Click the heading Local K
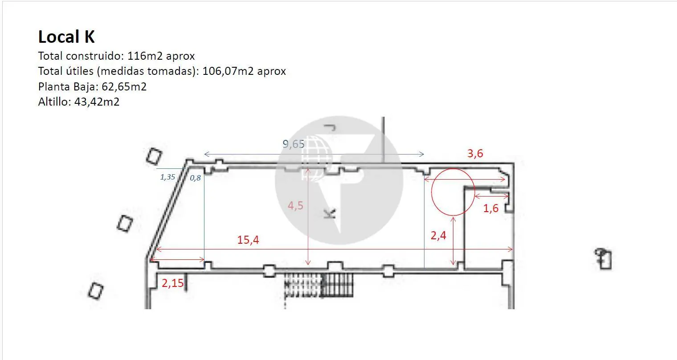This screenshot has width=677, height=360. (x=66, y=37)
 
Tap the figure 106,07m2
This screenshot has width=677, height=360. (x=228, y=71)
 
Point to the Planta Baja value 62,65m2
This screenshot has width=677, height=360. (x=124, y=87)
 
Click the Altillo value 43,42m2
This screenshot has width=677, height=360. (x=97, y=102)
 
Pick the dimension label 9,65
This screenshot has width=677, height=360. (x=293, y=144)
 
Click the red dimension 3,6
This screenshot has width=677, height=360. (x=475, y=154)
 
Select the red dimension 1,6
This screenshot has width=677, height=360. (x=491, y=208)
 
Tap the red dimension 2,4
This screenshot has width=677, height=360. (x=438, y=235)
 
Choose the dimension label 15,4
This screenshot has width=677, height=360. (x=248, y=240)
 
